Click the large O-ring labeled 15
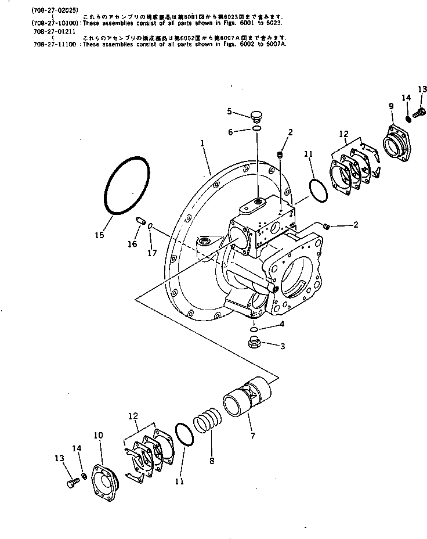coord(126,186)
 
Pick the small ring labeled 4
coord(254,326)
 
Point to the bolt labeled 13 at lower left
coord(72,481)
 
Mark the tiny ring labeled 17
coord(150,226)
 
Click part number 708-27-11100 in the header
coord(56,44)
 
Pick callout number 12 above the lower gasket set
coord(133,416)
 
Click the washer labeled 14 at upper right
coord(408,118)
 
